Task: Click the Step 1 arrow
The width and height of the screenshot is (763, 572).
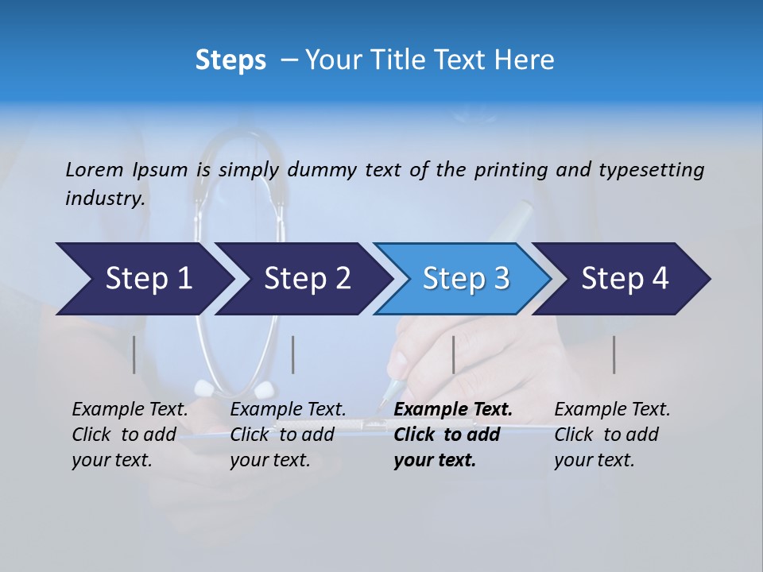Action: (x=143, y=279)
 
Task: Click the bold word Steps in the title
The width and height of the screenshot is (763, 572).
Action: (x=230, y=60)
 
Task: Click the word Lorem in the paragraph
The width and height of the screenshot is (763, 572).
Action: (x=95, y=169)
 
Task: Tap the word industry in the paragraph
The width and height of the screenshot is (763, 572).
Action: (x=105, y=199)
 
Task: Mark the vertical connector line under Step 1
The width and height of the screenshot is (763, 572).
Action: (x=134, y=354)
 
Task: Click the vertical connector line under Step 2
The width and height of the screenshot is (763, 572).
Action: (x=293, y=354)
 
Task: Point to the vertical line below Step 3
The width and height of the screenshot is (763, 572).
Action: (x=453, y=354)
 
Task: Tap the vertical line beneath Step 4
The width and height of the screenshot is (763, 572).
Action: (x=614, y=354)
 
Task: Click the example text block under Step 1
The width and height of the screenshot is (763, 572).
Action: (x=130, y=435)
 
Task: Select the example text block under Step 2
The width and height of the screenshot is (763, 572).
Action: (x=288, y=435)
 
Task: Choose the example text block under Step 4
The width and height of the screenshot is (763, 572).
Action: (x=612, y=435)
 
